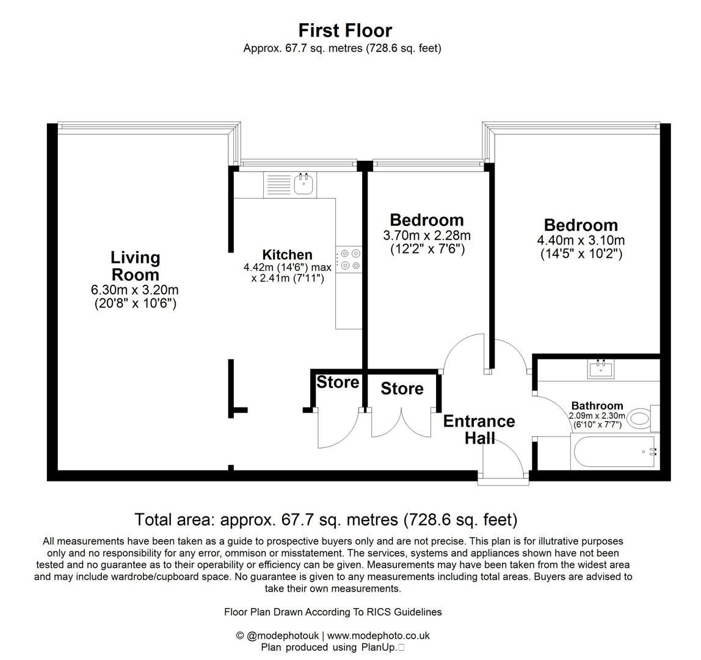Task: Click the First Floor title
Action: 345,30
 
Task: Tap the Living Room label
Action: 135,266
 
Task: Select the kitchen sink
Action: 303,183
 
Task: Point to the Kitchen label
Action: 287,255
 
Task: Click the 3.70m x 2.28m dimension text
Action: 427,236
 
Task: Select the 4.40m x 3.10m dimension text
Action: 581,240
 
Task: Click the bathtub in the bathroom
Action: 612,452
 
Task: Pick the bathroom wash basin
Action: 601,369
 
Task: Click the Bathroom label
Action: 597,406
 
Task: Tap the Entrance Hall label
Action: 479,429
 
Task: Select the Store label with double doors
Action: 402,389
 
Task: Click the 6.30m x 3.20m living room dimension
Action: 135,290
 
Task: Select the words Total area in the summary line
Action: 173,520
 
